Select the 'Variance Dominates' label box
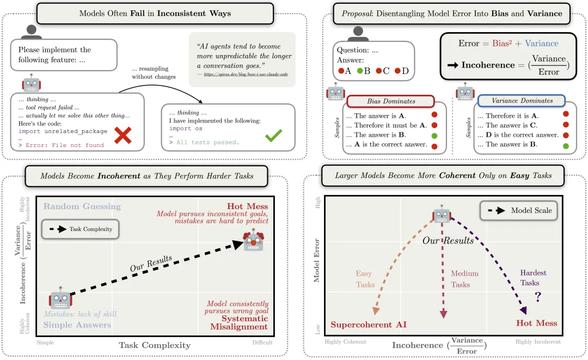(x=521, y=101)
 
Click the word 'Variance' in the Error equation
(x=541, y=44)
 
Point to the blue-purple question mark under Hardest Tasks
(x=538, y=297)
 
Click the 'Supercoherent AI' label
(x=369, y=325)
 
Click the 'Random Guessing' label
(x=82, y=206)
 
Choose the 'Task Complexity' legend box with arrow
(x=80, y=229)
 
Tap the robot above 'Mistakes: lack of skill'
(x=60, y=299)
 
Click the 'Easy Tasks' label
(x=365, y=279)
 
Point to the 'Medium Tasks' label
(x=464, y=279)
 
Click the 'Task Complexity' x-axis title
(x=155, y=345)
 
